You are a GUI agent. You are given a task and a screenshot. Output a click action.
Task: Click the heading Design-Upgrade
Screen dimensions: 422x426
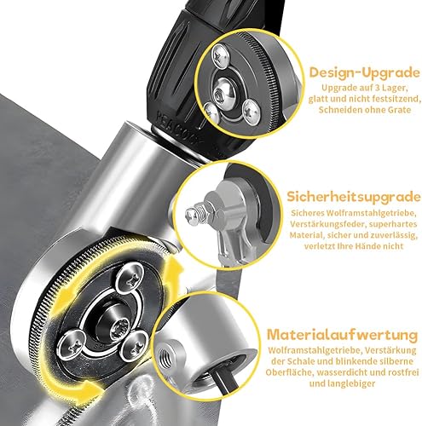click(364, 72)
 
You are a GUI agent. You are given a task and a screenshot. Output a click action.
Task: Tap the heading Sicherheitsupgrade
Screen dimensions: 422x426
click(354, 197)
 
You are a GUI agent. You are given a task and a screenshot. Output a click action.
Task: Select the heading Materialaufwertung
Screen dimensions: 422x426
click(343, 335)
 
